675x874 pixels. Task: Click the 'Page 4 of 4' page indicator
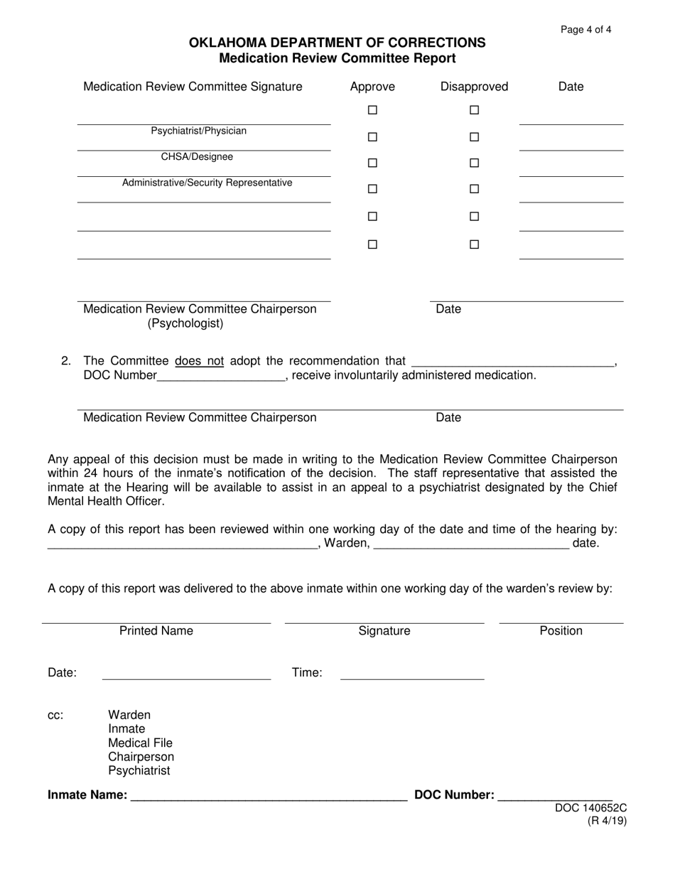point(585,30)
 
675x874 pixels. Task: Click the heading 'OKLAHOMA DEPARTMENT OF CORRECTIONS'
point(337,43)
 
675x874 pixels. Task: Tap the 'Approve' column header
point(372,87)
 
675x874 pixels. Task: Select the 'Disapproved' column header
point(474,87)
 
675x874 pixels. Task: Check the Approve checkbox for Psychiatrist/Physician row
point(372,110)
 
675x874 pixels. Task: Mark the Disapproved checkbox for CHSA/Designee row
point(475,137)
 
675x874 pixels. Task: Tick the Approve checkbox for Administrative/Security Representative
point(372,163)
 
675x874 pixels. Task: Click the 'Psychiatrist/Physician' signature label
point(199,131)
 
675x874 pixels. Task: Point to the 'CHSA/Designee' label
point(197,157)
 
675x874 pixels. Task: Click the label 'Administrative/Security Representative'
point(207,183)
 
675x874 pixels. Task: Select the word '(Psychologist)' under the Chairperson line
point(185,324)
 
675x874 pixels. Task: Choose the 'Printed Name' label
point(156,631)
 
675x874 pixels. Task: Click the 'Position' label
point(561,631)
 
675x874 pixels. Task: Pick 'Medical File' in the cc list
point(140,743)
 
